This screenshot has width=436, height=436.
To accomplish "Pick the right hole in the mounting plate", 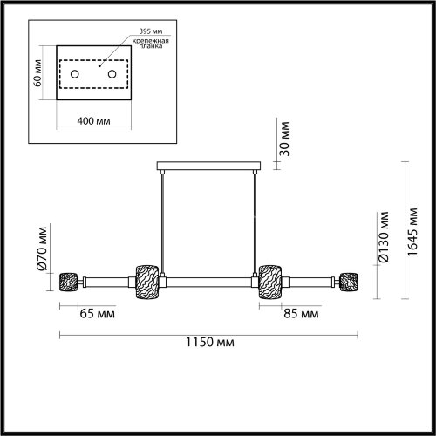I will click(112, 75).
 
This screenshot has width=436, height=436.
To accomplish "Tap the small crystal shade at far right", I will click(350, 282).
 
